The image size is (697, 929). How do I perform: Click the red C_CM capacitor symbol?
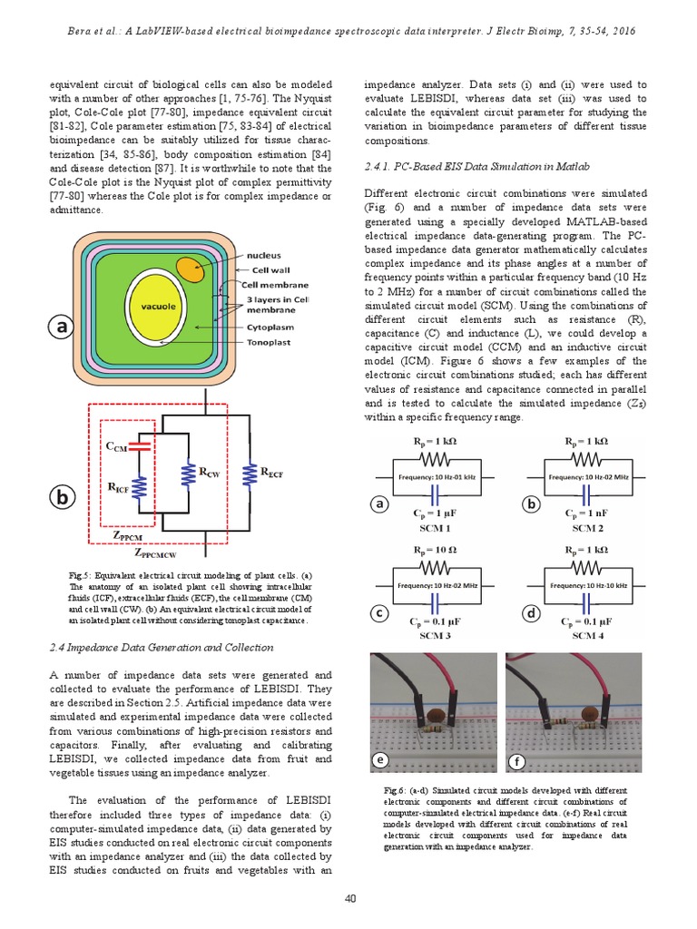pyautogui.click(x=141, y=446)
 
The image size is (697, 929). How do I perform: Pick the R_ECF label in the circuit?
pyautogui.click(x=272, y=472)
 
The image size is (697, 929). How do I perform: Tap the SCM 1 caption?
pyautogui.click(x=434, y=527)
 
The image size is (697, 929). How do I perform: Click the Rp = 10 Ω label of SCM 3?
pyautogui.click(x=434, y=550)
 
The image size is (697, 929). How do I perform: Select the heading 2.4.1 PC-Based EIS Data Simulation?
pyautogui.click(x=476, y=167)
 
